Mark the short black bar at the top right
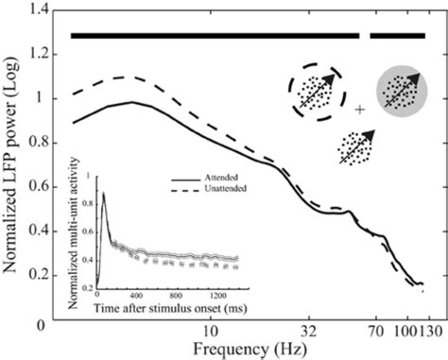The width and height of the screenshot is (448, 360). point(398,36)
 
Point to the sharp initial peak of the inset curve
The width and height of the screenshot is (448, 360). point(103,193)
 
